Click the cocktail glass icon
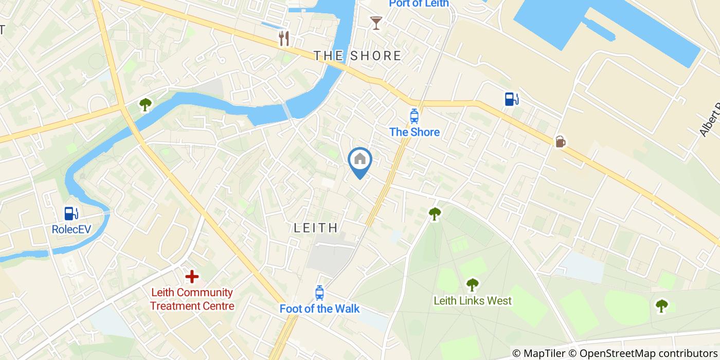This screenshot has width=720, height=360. (x=376, y=23)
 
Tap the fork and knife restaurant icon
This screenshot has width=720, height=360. (x=284, y=38)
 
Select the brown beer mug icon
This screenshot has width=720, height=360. (x=560, y=141)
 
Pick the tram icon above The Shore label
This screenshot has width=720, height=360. (x=414, y=116)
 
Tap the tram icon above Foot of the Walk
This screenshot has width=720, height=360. (x=319, y=293)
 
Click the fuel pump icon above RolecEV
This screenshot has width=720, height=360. (x=70, y=213)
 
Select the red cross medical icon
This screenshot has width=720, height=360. (x=192, y=277)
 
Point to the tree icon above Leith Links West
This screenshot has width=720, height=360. (x=472, y=284)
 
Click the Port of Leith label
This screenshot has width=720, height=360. (x=419, y=4)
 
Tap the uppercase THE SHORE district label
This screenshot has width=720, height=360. (x=357, y=56)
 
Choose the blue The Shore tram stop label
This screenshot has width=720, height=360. (x=414, y=132)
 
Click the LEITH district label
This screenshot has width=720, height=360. (x=316, y=228)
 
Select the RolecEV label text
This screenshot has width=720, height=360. (x=71, y=229)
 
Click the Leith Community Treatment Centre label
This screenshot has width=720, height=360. (x=192, y=299)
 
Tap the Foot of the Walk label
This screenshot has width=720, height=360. (x=319, y=309)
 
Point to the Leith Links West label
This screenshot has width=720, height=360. (x=473, y=300)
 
